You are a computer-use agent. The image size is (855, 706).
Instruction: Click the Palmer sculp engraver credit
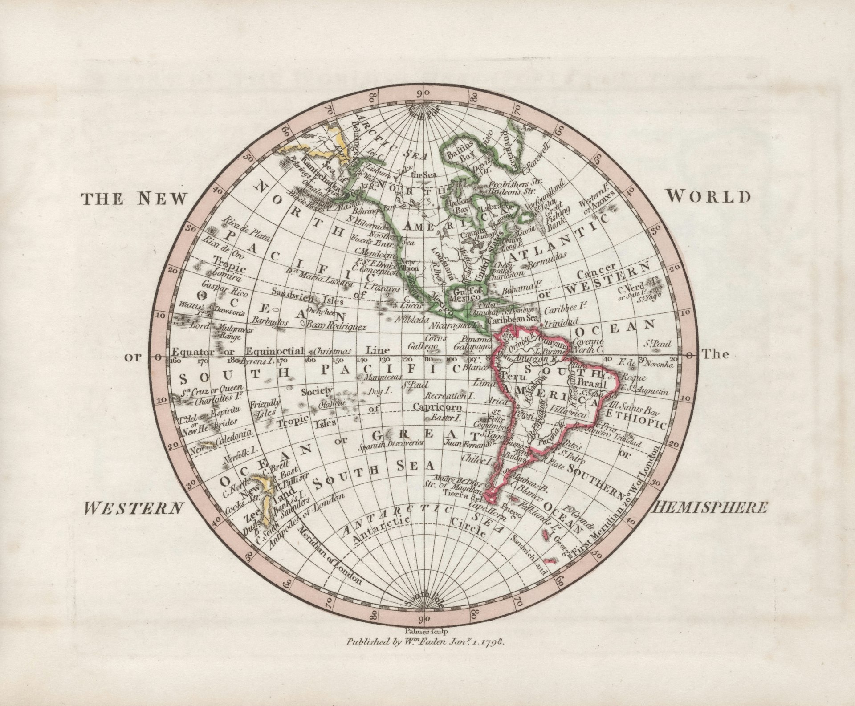tap(427, 631)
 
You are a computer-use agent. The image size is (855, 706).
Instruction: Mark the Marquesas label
tap(379, 377)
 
